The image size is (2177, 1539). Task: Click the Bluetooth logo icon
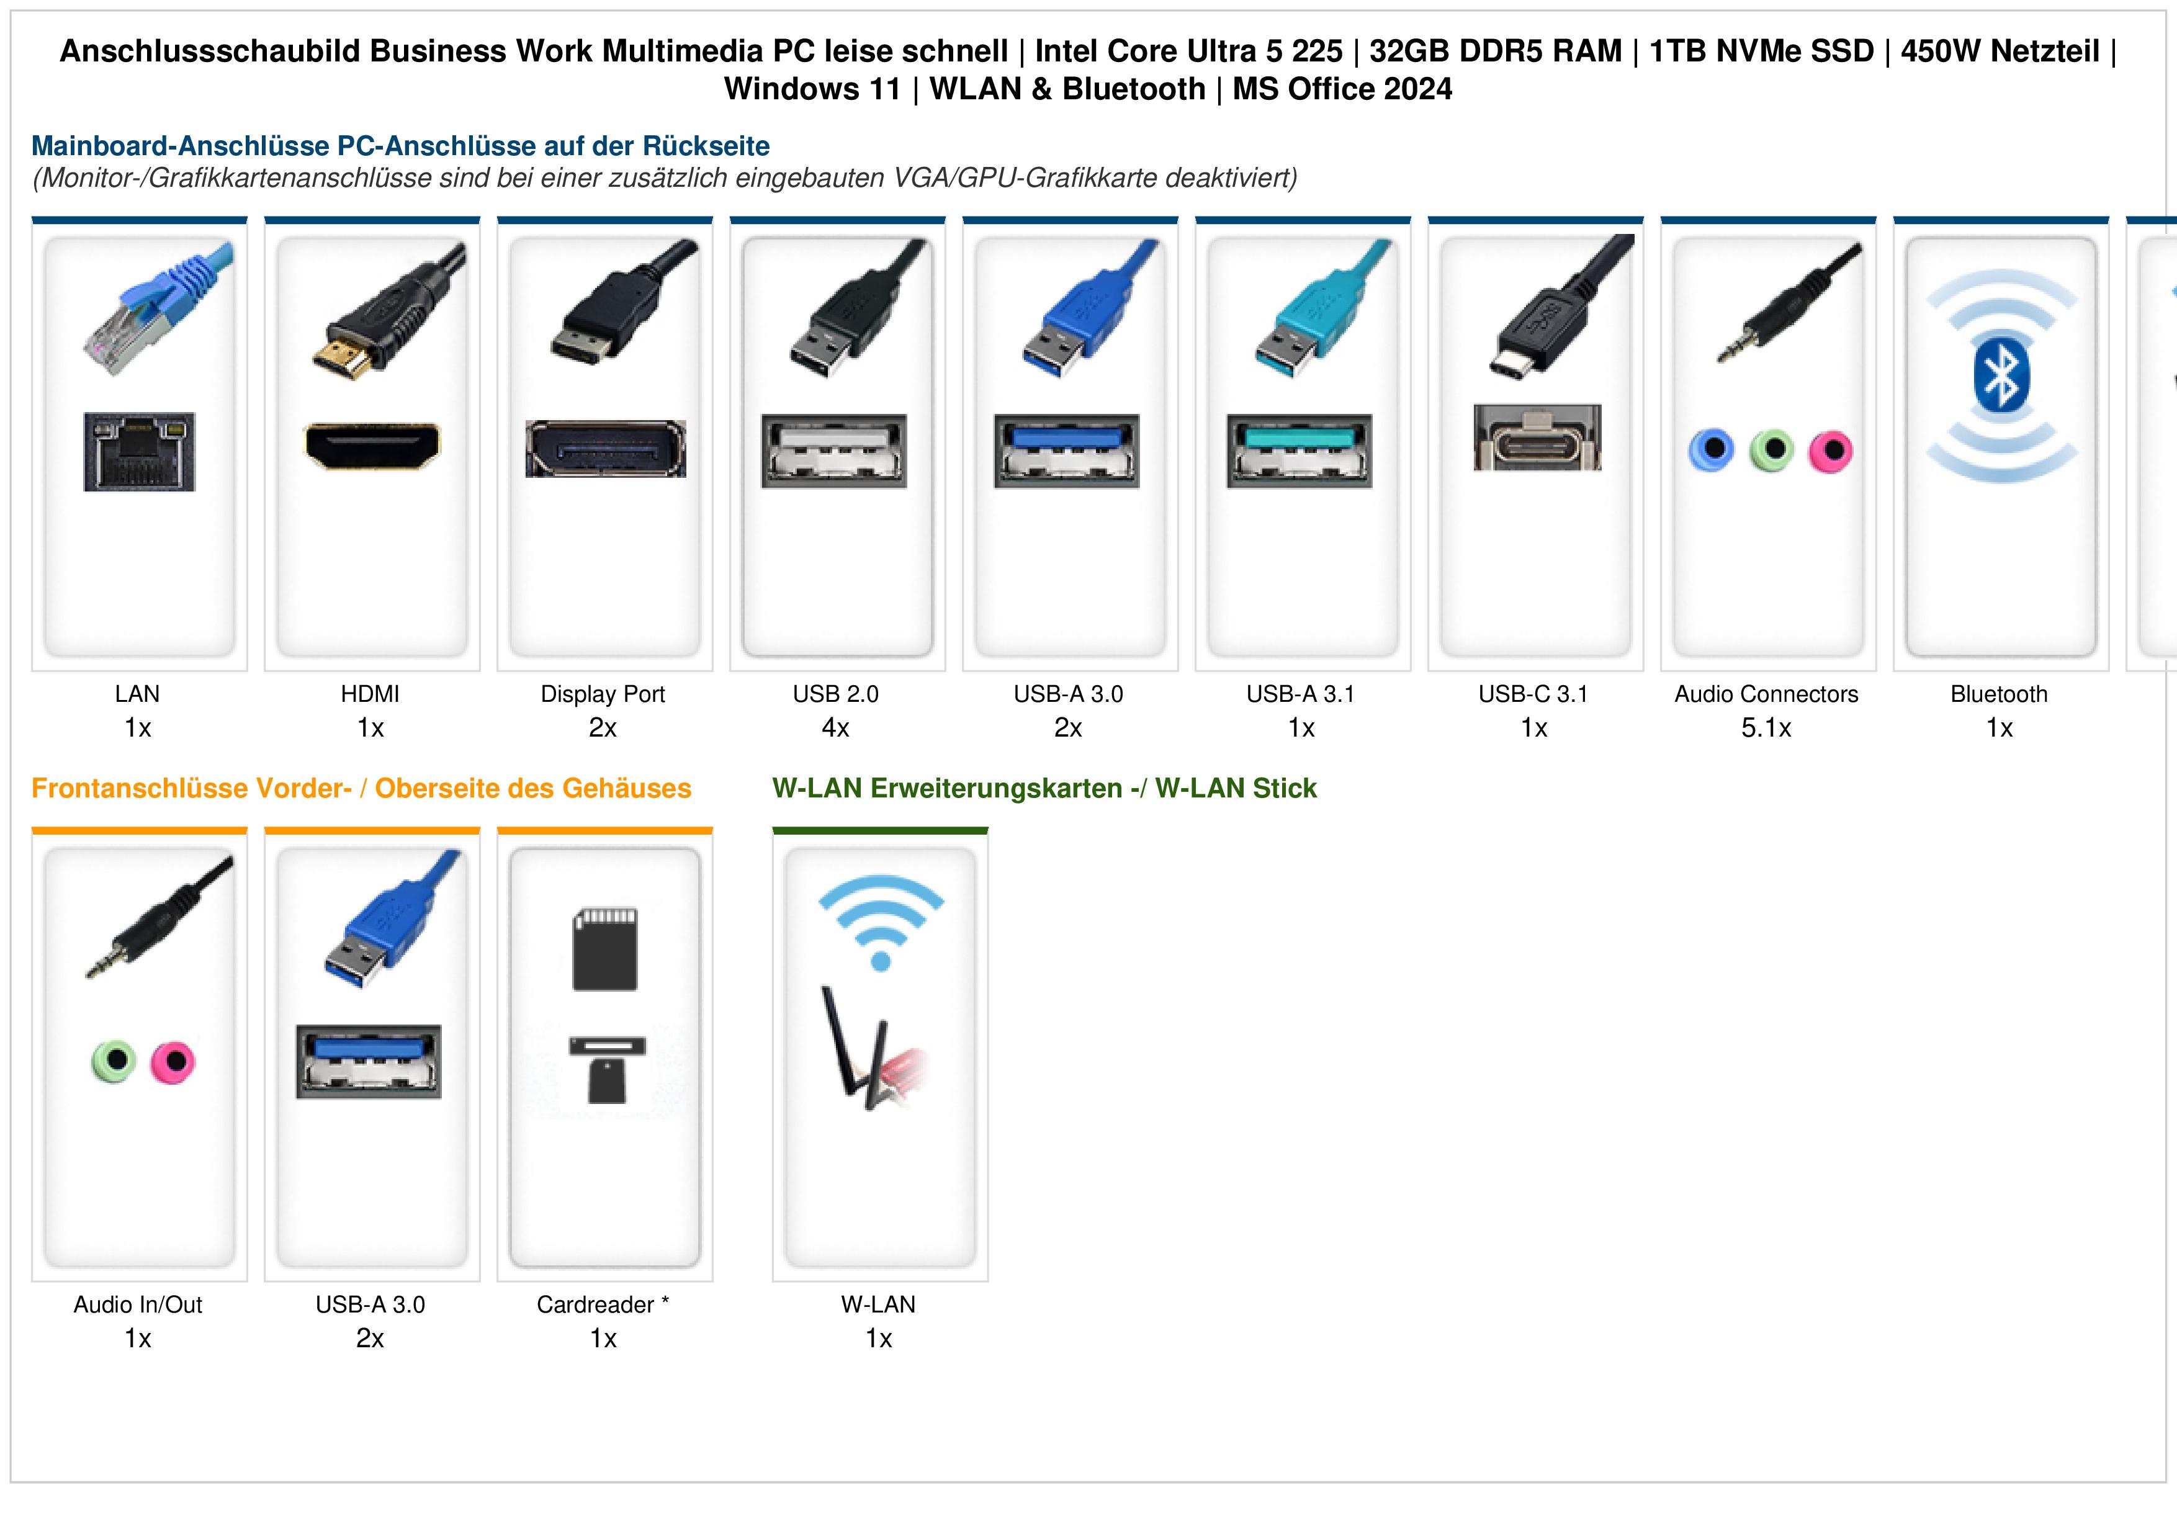2001,375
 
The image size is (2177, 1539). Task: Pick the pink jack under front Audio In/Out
173,1062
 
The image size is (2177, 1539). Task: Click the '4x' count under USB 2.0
835,729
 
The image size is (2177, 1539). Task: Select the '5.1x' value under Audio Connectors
1766,729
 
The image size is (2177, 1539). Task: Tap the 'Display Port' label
603,694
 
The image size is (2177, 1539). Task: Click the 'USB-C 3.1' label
1533,694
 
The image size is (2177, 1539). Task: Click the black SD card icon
605,949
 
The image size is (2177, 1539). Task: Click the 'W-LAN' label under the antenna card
879,1305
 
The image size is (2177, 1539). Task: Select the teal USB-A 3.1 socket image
1299,451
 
